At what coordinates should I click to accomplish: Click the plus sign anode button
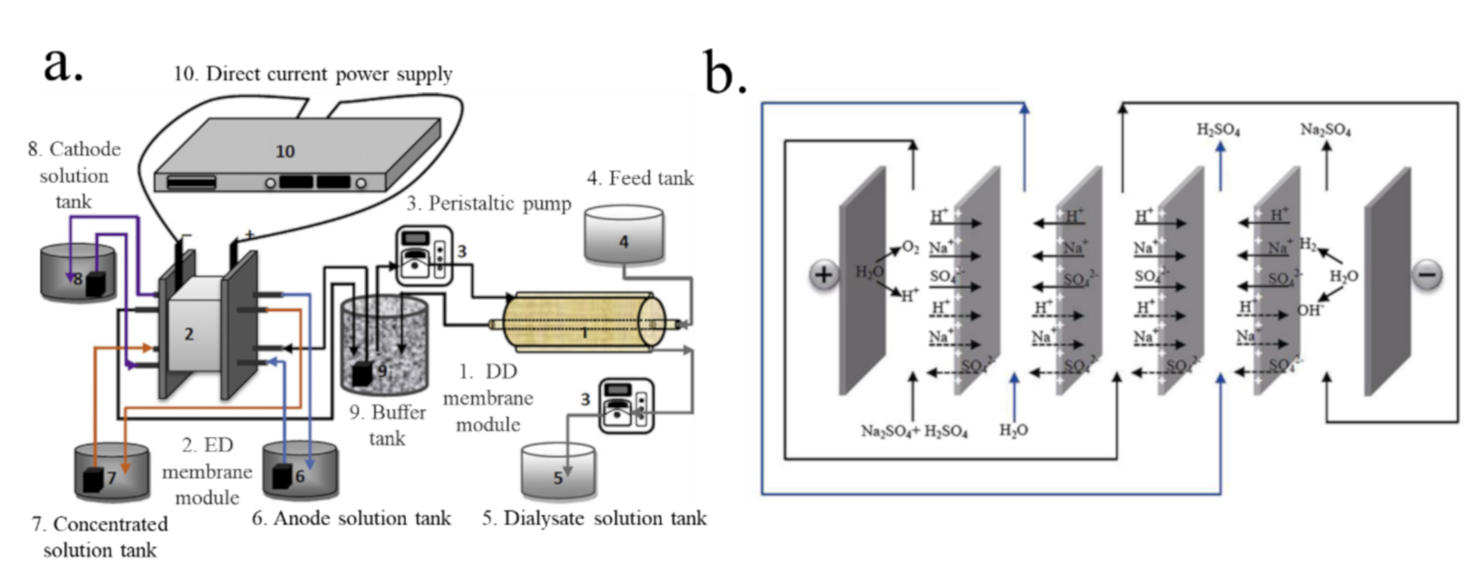tap(824, 275)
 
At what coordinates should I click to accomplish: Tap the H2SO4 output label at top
tap(1218, 130)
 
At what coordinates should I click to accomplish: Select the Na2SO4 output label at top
tap(1325, 130)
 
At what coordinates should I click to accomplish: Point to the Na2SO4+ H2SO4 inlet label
tap(914, 431)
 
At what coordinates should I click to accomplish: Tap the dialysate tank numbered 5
tap(558, 471)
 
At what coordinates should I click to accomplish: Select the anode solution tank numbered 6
tap(300, 469)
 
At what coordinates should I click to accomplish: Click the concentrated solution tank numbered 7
tap(112, 471)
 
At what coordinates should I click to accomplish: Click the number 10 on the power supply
tap(285, 151)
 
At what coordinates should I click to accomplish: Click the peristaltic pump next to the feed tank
tap(424, 256)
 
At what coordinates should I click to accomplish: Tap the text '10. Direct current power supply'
tap(313, 74)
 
